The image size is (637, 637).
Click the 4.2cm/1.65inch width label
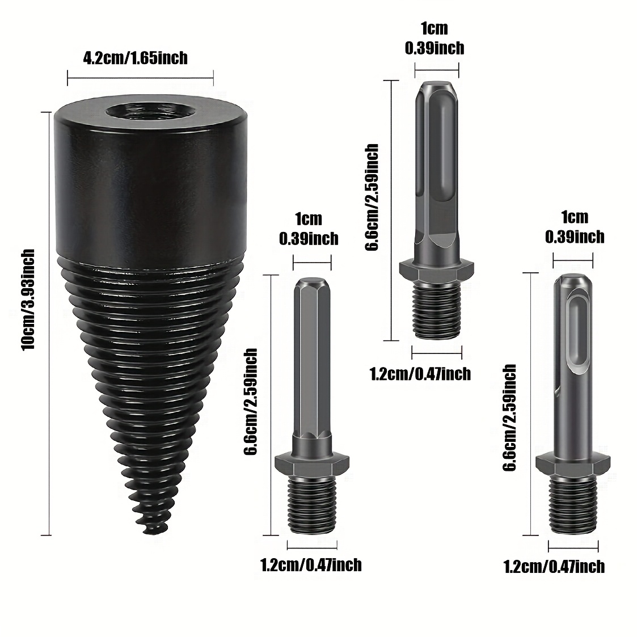(135, 58)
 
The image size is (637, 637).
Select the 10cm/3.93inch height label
(28, 299)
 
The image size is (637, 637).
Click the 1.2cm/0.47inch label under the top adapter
(420, 374)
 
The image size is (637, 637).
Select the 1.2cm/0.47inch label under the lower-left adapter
(311, 565)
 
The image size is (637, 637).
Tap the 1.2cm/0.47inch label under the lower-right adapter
(554, 566)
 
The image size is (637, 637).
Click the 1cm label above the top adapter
(434, 28)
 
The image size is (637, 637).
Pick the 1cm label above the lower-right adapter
(574, 217)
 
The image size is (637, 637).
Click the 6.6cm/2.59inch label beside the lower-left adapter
(250, 402)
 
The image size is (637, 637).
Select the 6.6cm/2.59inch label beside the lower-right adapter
(509, 418)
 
